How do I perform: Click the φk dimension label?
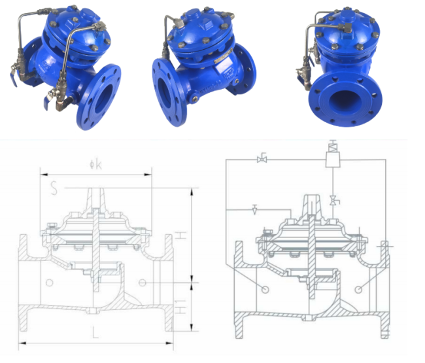tap(95, 165)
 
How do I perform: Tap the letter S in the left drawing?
tap(54, 188)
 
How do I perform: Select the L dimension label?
tap(95, 332)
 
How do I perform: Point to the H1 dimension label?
tap(180, 307)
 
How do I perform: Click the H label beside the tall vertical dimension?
tap(180, 235)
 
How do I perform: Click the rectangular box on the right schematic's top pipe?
tap(333, 160)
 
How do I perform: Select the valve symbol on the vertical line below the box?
tap(333, 201)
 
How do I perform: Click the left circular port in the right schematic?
tap(265, 290)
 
